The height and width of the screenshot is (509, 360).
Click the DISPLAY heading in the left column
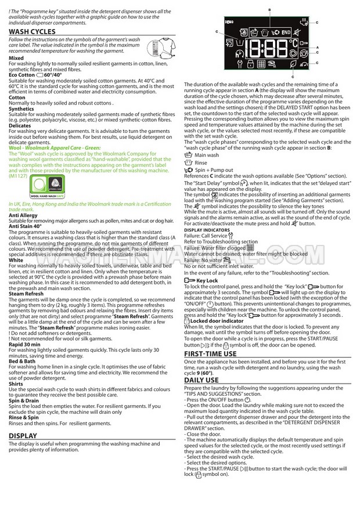click(x=23, y=435)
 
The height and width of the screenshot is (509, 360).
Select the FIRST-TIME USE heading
click(x=210, y=353)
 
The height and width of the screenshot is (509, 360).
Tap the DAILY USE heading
click(x=201, y=380)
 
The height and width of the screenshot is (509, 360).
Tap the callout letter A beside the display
click(x=317, y=47)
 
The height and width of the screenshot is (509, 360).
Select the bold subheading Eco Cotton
click(x=22, y=75)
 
